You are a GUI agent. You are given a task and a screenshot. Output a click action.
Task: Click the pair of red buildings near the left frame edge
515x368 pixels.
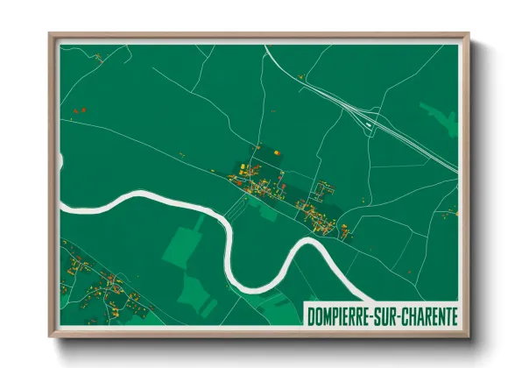pyautogui.click(x=79, y=111)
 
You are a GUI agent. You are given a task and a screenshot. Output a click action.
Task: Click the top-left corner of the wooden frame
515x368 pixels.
pyautogui.click(x=51, y=35)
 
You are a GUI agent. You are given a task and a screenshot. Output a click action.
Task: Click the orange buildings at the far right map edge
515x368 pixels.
pyautogui.click(x=453, y=213)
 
